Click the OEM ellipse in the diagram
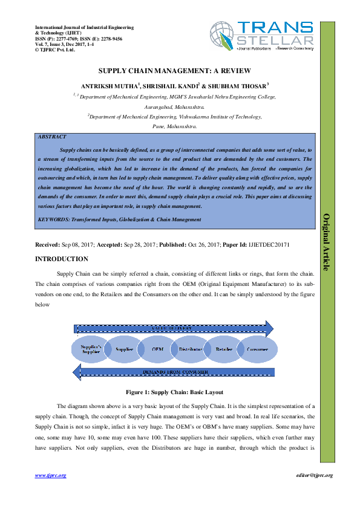[157, 349]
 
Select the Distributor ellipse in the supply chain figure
[191, 349]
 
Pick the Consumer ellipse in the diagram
[257, 349]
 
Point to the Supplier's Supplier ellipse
[91, 349]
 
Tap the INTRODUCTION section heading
[62, 259]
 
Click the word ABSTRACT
[52, 138]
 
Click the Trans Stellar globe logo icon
[222, 35]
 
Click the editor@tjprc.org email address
[311, 475]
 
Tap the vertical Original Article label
[326, 242]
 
